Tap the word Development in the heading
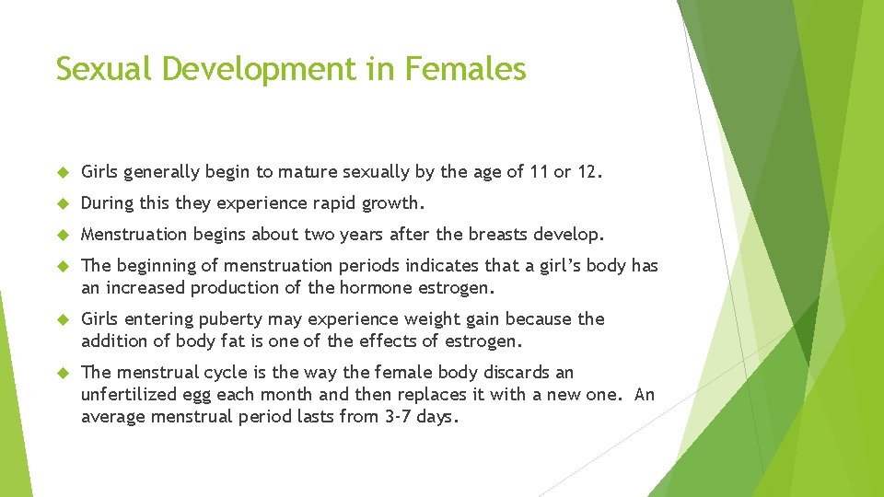coord(277,69)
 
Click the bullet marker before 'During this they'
coord(63,203)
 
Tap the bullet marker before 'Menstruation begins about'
coord(63,235)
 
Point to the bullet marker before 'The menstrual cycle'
coord(63,373)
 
